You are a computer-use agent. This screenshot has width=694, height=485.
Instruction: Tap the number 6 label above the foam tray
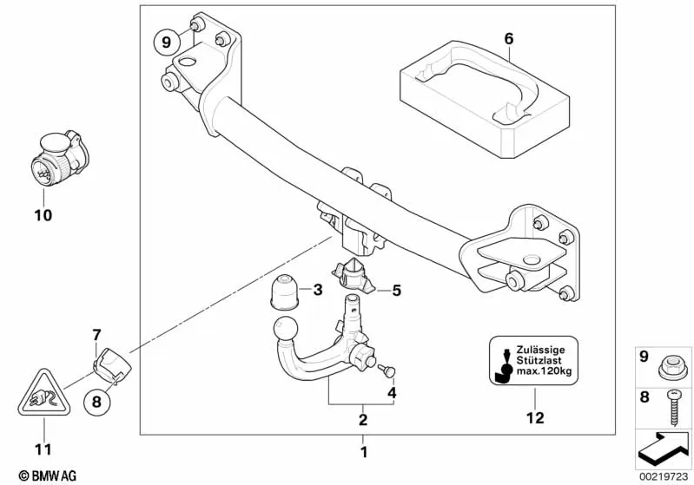509,38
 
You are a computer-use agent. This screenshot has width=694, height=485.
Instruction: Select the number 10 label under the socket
43,214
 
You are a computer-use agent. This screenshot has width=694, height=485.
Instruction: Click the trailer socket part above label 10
56,160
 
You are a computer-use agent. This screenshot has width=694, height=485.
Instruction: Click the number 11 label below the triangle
43,449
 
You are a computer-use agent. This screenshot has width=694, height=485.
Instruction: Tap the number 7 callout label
97,334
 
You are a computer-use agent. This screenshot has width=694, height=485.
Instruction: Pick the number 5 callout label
396,291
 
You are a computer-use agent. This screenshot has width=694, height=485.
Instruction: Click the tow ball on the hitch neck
284,331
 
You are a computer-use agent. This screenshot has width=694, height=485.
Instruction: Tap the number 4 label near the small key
392,392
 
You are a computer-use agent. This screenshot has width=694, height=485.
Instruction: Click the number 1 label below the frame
363,451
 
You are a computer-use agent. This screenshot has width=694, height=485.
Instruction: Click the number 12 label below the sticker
535,418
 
